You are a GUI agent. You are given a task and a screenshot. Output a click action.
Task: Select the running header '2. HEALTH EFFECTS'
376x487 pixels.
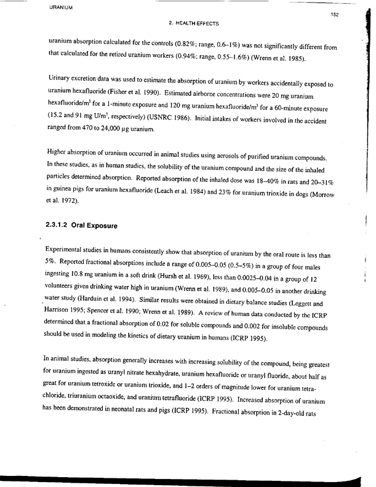click(x=192, y=23)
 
